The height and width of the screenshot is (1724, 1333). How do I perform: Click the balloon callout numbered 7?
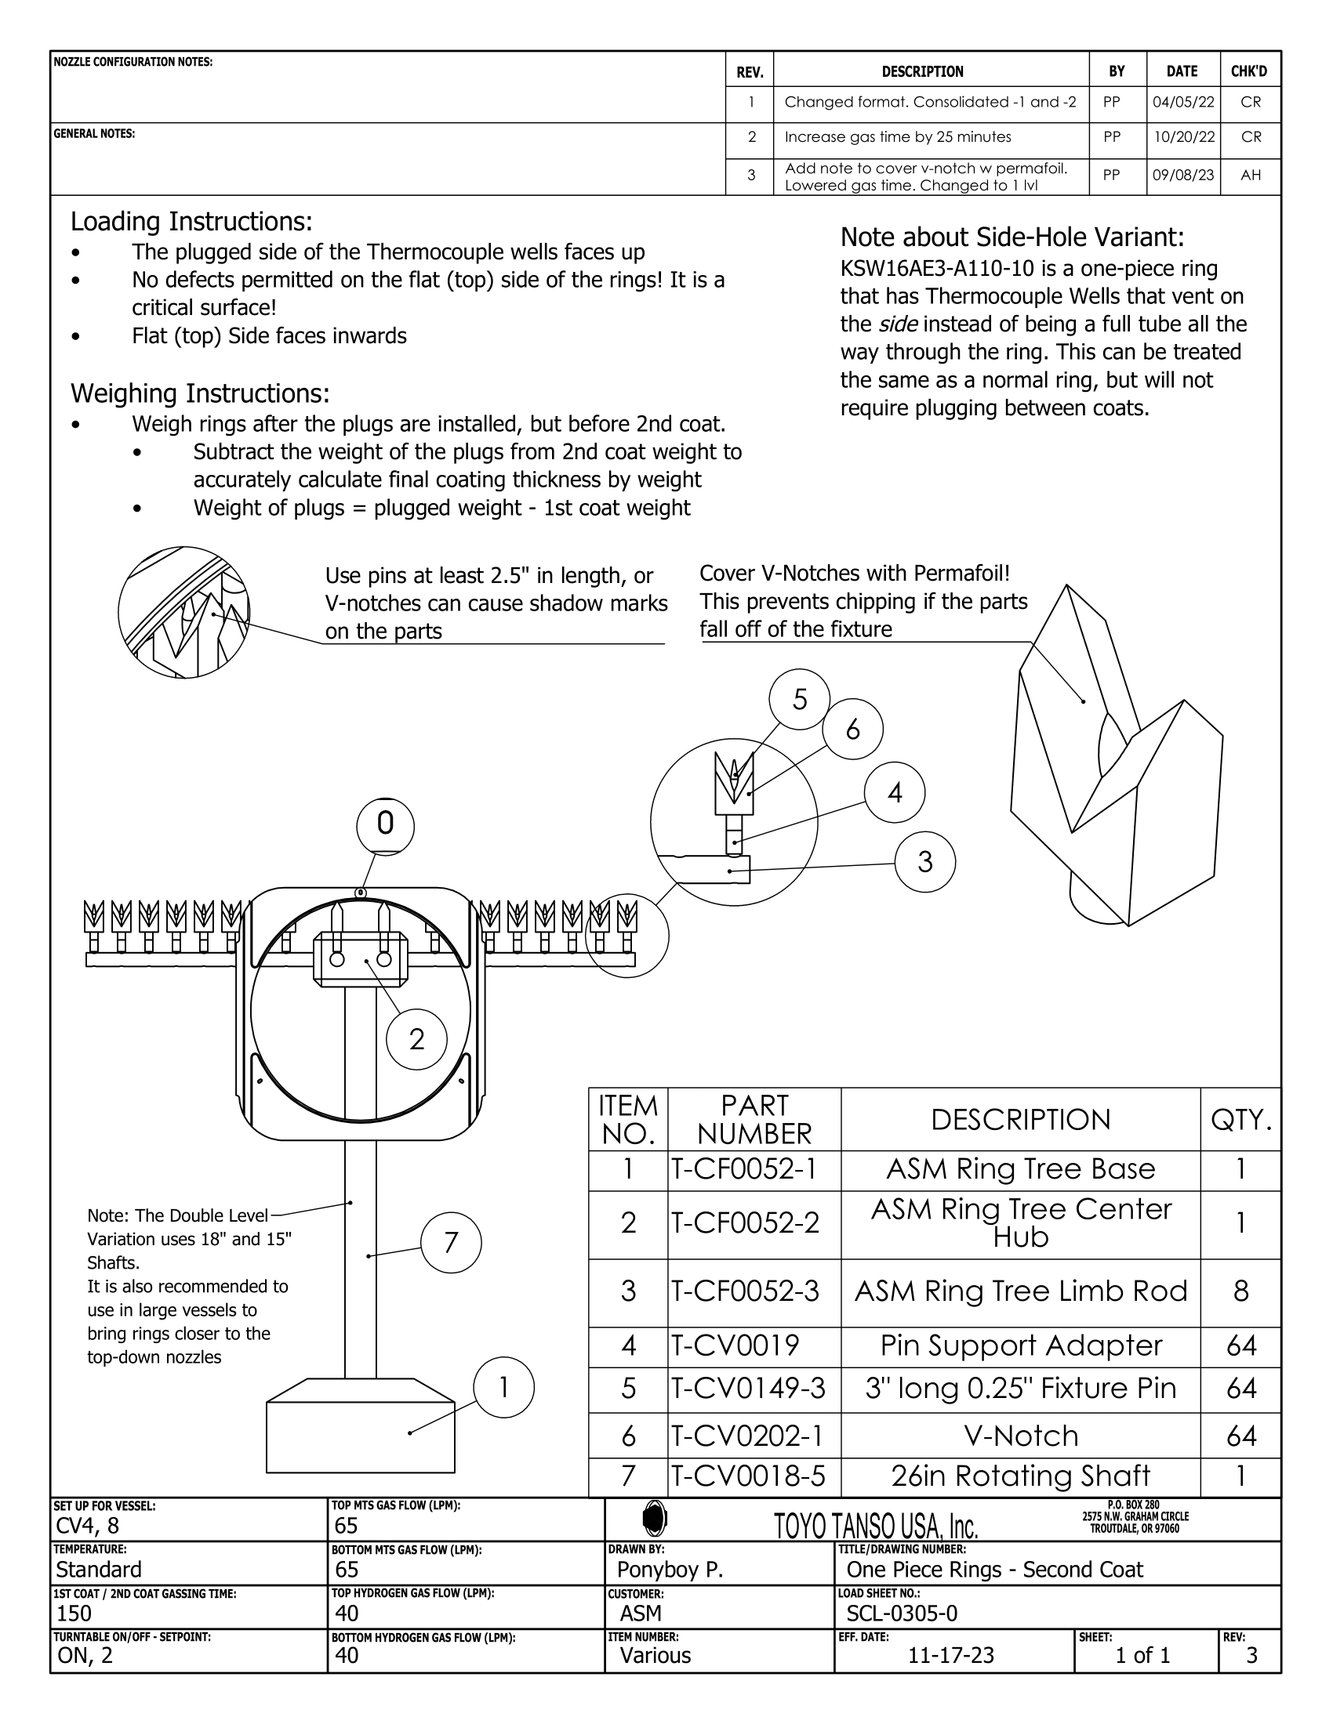click(451, 1244)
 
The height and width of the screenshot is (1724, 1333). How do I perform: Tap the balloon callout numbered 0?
click(385, 824)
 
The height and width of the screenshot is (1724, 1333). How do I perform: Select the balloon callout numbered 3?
click(925, 862)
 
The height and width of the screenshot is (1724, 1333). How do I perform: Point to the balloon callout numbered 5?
click(800, 699)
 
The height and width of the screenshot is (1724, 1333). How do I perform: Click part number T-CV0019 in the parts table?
click(736, 1346)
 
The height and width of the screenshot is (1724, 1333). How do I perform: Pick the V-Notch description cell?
click(1020, 1436)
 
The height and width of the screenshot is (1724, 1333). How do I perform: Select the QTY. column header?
click(1240, 1119)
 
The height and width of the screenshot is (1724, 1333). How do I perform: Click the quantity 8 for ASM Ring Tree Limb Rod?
click(1240, 1291)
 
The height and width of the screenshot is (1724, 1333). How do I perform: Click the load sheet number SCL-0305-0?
click(902, 1614)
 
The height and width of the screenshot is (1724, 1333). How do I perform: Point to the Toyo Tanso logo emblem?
click(655, 1517)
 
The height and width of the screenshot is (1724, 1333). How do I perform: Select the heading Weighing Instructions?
click(200, 393)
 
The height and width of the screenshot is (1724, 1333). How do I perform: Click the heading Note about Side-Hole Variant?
click(1012, 237)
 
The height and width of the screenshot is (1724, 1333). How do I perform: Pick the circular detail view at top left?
click(184, 612)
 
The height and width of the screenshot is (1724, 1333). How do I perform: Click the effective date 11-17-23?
click(951, 1655)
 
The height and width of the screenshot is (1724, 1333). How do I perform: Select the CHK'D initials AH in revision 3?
click(1250, 176)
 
